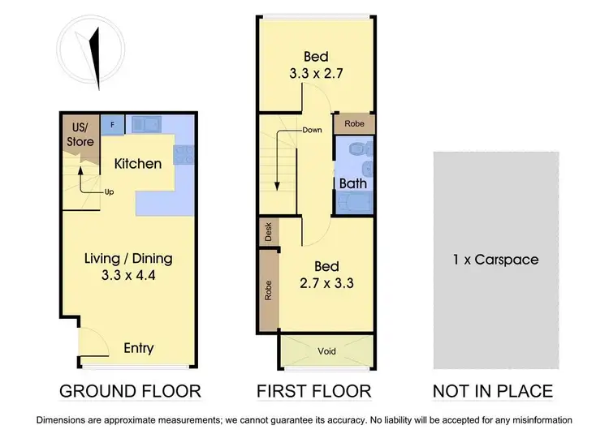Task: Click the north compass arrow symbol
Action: [96, 58]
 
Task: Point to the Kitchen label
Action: [137, 163]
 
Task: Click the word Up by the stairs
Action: [108, 192]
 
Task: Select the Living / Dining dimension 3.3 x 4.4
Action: [128, 276]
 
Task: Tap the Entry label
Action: [138, 348]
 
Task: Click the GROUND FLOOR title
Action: [130, 391]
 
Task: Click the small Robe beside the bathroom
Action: [354, 124]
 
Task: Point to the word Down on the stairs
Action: [313, 130]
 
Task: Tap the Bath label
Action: [352, 183]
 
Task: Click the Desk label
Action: [268, 232]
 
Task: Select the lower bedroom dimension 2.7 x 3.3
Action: [316, 284]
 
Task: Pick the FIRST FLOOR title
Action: [313, 391]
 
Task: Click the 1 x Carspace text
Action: [495, 260]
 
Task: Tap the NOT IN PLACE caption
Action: [493, 391]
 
